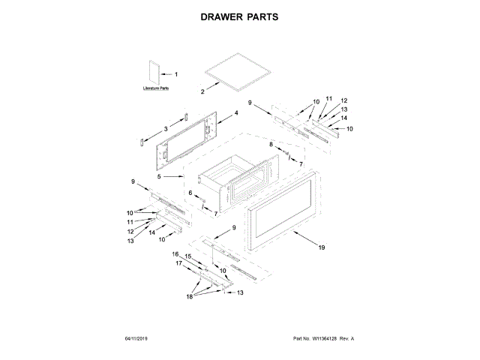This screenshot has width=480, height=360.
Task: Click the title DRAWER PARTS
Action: pos(240,16)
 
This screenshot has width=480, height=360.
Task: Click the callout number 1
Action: pos(176,74)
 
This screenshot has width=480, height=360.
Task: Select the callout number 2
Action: pos(202,91)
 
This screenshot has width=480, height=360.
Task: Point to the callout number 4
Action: pos(235,112)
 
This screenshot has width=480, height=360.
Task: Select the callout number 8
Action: pos(271,143)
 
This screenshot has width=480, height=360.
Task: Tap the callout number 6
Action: pos(190,193)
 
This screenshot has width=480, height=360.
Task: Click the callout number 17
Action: pos(179,263)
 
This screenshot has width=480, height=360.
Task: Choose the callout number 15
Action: pos(189,256)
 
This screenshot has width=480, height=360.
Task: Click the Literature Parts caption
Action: pos(155,88)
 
